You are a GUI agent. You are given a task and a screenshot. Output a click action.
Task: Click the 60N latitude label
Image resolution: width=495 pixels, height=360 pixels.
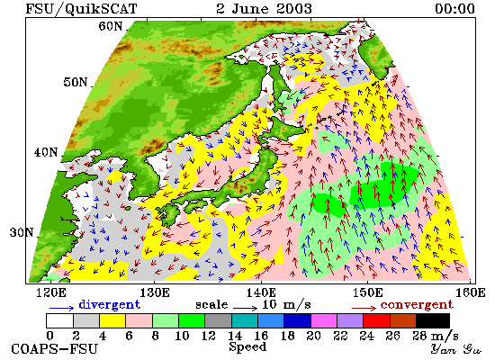coord(110,26)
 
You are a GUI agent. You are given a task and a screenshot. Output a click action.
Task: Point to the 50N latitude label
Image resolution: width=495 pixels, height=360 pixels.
coord(75,83)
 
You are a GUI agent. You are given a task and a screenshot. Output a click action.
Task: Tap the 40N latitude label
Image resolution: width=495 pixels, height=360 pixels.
coord(46,152)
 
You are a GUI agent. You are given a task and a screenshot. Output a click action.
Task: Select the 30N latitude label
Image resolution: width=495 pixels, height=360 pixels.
coord(22,233)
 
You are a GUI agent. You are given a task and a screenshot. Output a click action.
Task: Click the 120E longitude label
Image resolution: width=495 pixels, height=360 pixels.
coord(51,292)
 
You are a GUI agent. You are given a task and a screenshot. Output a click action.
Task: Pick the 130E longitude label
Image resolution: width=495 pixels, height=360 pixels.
coord(155,292)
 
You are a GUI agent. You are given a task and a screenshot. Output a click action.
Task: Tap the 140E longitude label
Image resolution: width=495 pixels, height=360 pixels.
coord(261,292)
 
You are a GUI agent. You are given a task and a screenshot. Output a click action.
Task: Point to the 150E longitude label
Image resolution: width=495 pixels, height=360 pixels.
coord(367,292)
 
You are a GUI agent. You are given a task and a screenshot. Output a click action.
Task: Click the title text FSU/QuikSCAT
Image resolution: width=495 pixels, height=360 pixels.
coord(81,9)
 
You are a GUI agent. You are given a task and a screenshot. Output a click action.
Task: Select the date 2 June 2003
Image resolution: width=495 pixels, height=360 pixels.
coord(264,8)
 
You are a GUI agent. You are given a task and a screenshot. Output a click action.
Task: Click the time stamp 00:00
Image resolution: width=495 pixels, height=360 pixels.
coord(454,8)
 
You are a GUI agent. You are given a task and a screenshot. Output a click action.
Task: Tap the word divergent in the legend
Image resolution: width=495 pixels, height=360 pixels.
coord(109,304)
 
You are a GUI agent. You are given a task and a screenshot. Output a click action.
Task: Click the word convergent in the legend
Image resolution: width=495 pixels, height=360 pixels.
coord(417,305)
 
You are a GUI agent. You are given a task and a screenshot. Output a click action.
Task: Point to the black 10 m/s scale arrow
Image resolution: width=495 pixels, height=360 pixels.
coord(246,307)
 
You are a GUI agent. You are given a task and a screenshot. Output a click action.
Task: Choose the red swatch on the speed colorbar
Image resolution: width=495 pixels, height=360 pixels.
coord(376,320)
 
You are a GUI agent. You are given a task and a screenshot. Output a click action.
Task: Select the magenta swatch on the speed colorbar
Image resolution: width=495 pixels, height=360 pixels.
coord(324,320)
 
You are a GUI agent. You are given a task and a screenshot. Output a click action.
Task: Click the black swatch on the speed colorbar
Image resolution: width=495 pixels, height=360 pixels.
coord(433,320)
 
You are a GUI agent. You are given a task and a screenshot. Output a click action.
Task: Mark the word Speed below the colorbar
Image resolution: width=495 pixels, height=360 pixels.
coord(247,347)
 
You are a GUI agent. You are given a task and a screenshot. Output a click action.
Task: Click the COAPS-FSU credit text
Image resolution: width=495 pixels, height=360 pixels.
coord(55,349)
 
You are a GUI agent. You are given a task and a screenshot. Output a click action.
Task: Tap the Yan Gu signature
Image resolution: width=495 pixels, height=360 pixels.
coord(456,349)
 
